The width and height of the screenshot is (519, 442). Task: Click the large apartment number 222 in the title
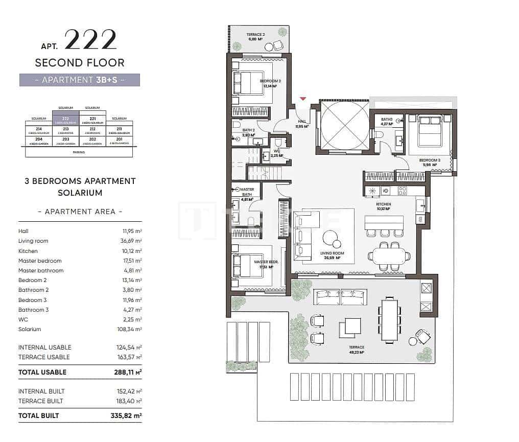pos(90,40)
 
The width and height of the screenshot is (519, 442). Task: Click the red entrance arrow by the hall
pos(303,98)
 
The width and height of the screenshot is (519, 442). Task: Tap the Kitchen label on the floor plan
pos(383,206)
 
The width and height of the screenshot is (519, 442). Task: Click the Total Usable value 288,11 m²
pos(128,373)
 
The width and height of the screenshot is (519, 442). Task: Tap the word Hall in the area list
pos(23,231)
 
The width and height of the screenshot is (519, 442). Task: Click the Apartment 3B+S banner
pos(80,80)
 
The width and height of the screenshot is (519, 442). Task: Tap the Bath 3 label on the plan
pos(387,121)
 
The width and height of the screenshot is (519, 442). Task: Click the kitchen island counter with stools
pos(384,223)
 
